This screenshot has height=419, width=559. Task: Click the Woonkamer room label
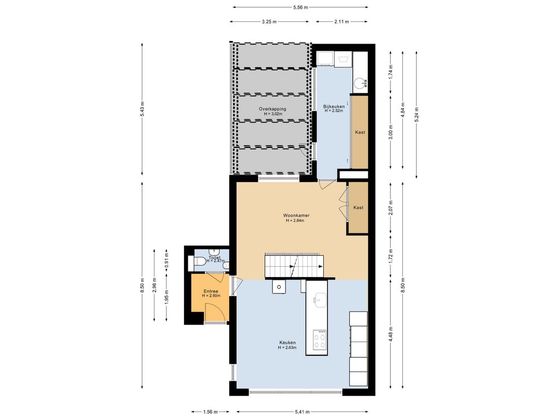click(296, 215)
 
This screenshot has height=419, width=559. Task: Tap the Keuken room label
click(287, 343)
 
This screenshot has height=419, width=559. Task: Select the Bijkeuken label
click(334, 106)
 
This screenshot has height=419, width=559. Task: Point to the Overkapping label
click(272, 109)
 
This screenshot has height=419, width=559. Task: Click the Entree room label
click(211, 291)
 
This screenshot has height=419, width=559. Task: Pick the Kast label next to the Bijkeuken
click(360, 132)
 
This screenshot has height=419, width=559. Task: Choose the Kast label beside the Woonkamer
click(358, 207)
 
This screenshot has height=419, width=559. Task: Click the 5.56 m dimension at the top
click(301, 7)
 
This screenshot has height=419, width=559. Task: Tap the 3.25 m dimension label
click(269, 22)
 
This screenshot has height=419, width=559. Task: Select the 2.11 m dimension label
click(342, 22)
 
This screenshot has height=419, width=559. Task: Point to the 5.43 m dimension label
click(142, 109)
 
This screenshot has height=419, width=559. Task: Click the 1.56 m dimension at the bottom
click(210, 412)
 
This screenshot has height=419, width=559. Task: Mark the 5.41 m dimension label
click(302, 412)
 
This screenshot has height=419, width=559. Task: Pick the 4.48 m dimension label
click(391, 334)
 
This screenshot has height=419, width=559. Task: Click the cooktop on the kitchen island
click(319, 340)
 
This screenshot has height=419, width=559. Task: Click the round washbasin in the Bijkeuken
click(360, 83)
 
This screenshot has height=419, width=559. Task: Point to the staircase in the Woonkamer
click(294, 266)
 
